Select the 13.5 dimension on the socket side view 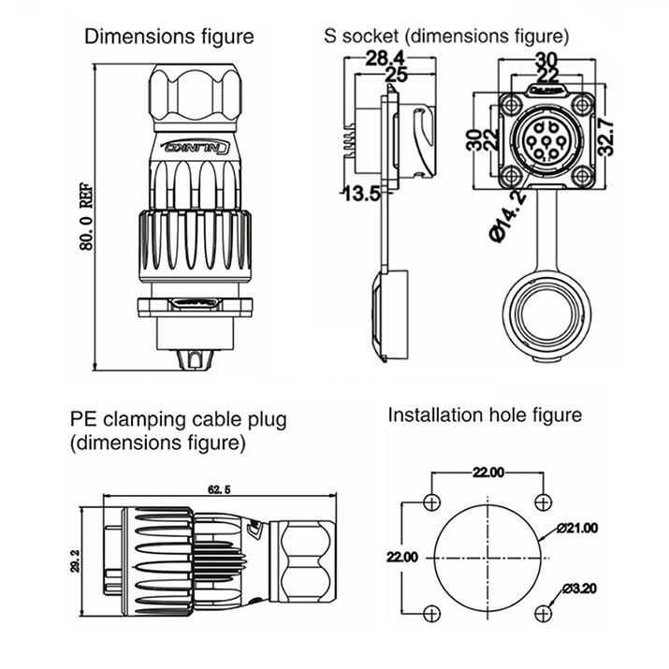tap(361, 194)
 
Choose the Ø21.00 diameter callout tap(576, 528)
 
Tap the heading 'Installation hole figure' tap(485, 414)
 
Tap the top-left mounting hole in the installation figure tap(429, 500)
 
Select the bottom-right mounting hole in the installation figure tap(543, 613)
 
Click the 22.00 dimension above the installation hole tap(487, 472)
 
